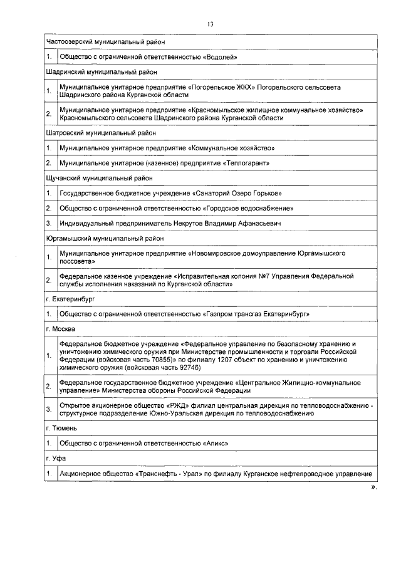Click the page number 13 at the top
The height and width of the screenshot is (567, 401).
point(210,24)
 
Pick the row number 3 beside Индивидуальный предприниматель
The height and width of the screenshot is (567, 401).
point(49,223)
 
